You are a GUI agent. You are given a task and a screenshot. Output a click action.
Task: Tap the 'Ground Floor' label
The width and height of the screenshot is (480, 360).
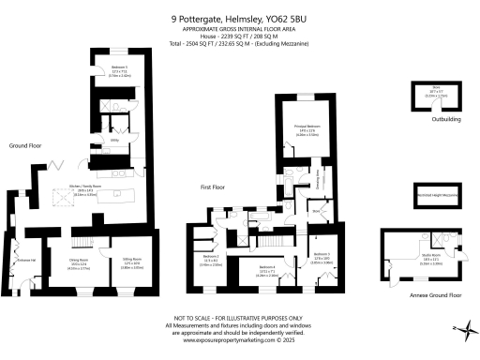click(x=23, y=145)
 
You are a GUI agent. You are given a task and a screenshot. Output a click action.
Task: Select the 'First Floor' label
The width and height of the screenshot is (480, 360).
click(x=214, y=187)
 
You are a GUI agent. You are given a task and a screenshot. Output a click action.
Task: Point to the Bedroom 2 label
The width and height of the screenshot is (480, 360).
click(x=321, y=255)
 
